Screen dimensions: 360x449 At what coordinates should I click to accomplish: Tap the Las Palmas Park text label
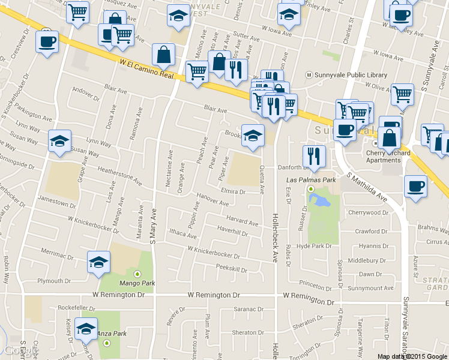click(x=310, y=179)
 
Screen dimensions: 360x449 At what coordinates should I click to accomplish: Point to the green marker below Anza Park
click(x=106, y=343)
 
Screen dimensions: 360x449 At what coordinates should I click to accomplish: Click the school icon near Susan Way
click(x=59, y=141)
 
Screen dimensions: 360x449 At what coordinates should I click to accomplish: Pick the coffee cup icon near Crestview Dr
click(x=46, y=42)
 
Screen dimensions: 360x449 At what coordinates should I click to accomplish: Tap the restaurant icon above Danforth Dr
click(x=314, y=157)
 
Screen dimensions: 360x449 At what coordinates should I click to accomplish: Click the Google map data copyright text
click(x=412, y=356)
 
